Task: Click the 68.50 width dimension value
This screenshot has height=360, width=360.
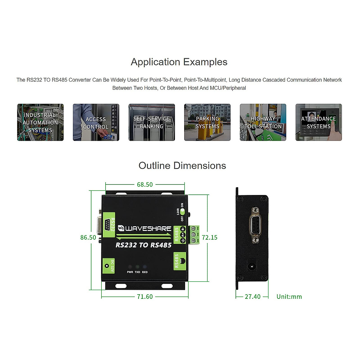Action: click(145, 185)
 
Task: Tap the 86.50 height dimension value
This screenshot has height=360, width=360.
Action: click(88, 238)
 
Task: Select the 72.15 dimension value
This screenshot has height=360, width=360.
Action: click(209, 238)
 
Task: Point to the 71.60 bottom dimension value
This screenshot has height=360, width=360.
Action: click(145, 297)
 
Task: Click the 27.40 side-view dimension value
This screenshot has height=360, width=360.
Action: click(253, 297)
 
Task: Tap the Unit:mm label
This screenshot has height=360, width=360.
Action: click(289, 297)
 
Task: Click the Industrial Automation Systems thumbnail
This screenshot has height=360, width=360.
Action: click(40, 122)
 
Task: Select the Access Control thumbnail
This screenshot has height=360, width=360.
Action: click(96, 122)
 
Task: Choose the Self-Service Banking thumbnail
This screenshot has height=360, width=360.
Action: click(152, 122)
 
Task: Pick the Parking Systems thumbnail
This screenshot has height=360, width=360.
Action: click(207, 122)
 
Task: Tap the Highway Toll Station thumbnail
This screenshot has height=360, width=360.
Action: click(263, 122)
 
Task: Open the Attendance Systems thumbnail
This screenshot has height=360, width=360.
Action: click(319, 122)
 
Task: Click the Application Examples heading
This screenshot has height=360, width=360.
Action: click(179, 62)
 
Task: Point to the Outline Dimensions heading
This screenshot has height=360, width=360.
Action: click(182, 166)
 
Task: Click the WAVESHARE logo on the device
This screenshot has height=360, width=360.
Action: click(145, 229)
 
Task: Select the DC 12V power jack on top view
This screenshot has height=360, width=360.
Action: click(106, 266)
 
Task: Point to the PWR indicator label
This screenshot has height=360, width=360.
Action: click(130, 272)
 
